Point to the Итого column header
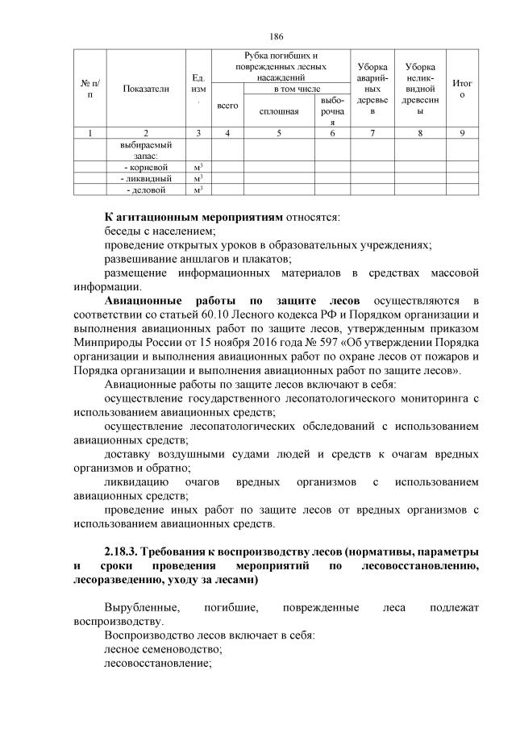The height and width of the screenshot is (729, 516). pyautogui.click(x=463, y=89)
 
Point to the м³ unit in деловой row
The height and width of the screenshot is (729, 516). pyautogui.click(x=198, y=190)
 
